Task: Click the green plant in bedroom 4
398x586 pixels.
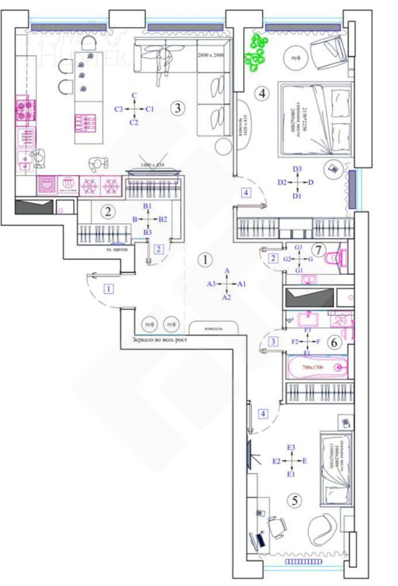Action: (256, 50)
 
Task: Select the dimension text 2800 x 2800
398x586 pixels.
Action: (210, 54)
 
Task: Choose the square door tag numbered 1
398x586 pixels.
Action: (108, 288)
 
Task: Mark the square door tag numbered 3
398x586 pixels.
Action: (273, 340)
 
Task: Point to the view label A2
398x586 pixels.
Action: (227, 298)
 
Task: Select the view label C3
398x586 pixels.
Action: (119, 109)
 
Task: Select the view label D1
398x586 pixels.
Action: (297, 196)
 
